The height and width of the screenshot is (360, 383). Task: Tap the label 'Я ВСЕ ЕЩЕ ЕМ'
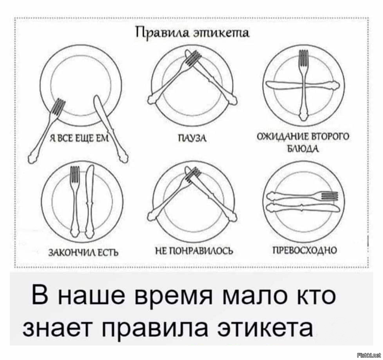(x=79, y=139)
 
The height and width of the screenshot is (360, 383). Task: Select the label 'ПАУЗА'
(x=192, y=139)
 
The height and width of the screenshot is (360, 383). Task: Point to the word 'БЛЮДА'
(x=303, y=148)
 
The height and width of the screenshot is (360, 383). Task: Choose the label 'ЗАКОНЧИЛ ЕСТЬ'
(x=84, y=252)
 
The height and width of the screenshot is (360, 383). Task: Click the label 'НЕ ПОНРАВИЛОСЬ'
(x=195, y=250)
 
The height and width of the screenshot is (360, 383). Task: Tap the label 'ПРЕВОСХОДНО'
(x=305, y=250)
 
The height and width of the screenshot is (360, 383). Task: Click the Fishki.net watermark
(x=369, y=355)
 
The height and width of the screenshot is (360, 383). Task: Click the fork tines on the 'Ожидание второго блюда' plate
(x=304, y=58)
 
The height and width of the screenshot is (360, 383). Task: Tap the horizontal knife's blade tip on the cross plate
(x=267, y=85)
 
